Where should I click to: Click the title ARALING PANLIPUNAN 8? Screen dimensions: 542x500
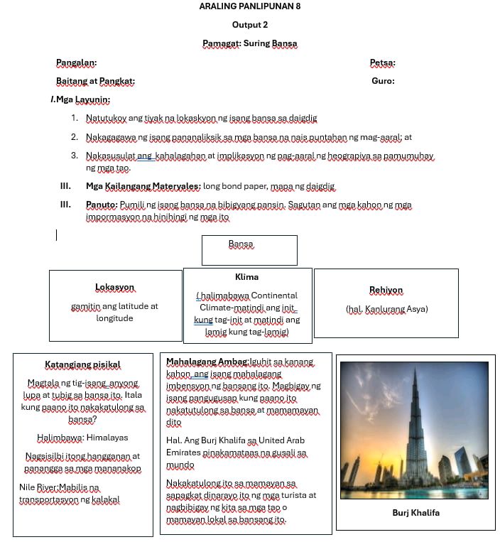tap(249, 6)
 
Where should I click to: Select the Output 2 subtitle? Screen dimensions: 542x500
tap(249, 25)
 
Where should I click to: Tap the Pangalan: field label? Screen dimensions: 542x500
tap(77, 63)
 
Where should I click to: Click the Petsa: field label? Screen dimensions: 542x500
tap(383, 63)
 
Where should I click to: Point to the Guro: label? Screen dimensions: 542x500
tap(383, 81)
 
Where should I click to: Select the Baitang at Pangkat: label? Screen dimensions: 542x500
tap(95, 81)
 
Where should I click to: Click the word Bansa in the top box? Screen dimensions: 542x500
tap(241, 244)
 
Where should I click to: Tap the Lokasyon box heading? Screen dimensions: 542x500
tap(114, 287)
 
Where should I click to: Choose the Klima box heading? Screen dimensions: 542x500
tap(246, 277)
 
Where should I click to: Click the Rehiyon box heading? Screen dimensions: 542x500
tap(386, 290)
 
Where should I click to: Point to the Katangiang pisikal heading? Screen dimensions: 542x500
tap(82, 365)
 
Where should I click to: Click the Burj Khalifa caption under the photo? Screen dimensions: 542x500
tap(415, 512)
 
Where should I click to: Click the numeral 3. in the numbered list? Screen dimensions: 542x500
tap(74, 156)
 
